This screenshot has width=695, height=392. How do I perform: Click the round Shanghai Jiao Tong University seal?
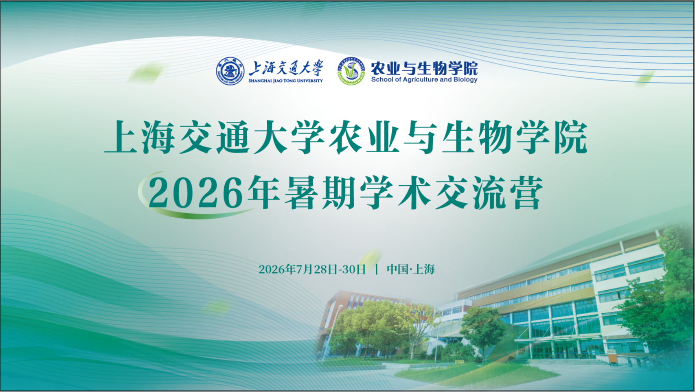[x=230, y=71]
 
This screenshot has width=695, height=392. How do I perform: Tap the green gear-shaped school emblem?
[x=351, y=71]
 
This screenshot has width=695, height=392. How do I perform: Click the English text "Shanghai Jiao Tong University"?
[x=285, y=81]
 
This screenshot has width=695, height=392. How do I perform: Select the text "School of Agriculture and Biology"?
[x=424, y=80]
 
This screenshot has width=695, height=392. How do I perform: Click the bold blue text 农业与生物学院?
[x=424, y=68]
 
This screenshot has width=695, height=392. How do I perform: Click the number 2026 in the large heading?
[x=195, y=193]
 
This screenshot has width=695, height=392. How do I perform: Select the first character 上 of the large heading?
[x=121, y=137]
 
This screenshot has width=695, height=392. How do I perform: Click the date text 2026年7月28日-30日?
[x=312, y=269]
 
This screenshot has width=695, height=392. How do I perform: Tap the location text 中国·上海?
[x=411, y=269]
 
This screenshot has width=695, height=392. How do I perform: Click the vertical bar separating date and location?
[x=377, y=269]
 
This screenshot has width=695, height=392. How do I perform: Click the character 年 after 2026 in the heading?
[x=264, y=192]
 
